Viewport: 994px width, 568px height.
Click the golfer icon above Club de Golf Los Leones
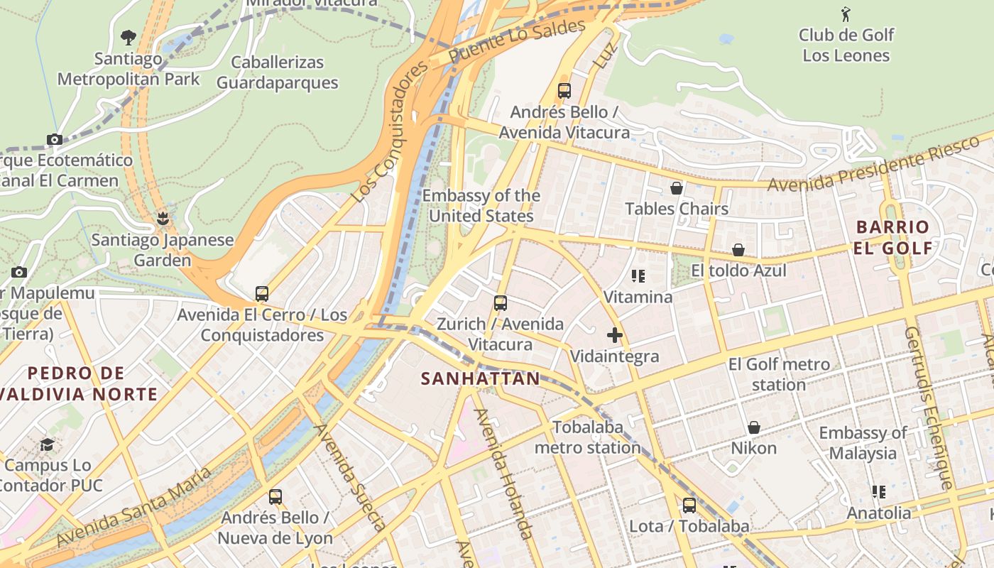click(846, 14)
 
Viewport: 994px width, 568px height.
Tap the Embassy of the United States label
click(481, 206)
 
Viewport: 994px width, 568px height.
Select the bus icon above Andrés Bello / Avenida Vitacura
click(564, 91)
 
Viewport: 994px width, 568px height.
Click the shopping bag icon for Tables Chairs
click(677, 188)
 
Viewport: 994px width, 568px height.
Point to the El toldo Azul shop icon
click(738, 250)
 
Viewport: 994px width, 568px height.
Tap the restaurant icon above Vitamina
click(638, 275)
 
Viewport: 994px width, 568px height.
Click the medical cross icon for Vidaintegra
click(615, 335)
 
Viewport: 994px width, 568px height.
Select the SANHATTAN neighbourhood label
click(481, 378)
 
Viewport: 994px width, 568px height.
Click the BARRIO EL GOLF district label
click(893, 237)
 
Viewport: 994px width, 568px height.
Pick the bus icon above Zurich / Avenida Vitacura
click(501, 303)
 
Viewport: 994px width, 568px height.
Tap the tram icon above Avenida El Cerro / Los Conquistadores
click(262, 294)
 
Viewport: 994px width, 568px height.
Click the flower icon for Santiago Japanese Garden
click(163, 218)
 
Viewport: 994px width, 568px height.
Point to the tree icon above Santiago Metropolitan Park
click(129, 37)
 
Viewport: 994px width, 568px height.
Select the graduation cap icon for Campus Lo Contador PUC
click(47, 444)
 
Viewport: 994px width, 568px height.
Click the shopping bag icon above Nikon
click(754, 427)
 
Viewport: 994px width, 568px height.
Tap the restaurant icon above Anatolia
click(879, 491)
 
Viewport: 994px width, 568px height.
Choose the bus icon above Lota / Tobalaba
click(689, 506)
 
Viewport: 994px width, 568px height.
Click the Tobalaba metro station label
click(588, 437)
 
